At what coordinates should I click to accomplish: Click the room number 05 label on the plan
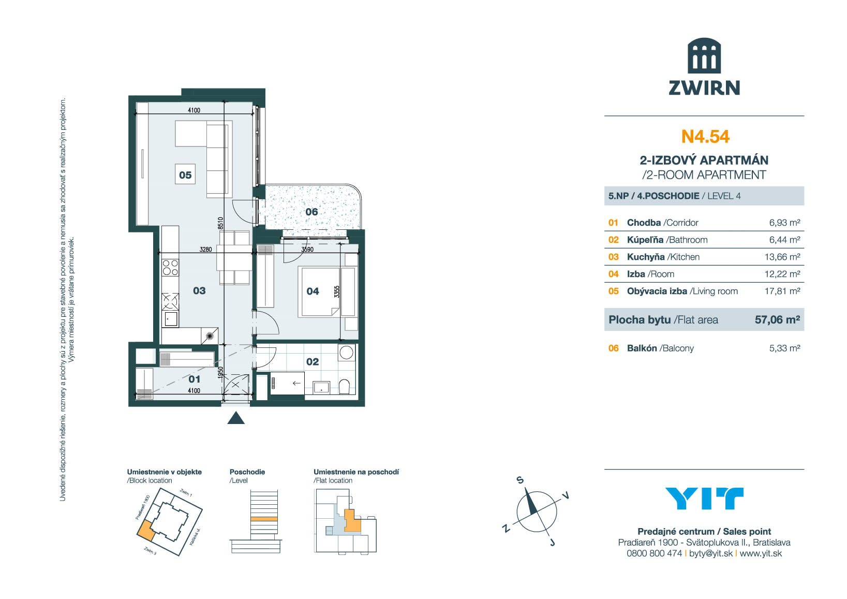[185, 175]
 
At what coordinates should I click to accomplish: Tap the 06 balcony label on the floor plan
[311, 212]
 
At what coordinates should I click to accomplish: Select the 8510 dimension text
[220, 223]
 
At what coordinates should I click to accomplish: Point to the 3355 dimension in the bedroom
[337, 291]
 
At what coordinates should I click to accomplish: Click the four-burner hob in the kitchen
[170, 268]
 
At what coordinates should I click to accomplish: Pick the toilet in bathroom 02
[344, 387]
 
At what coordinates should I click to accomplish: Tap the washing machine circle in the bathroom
[346, 353]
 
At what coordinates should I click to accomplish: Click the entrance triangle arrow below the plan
[236, 418]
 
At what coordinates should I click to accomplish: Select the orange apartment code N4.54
[705, 137]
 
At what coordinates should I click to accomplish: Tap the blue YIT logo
[704, 499]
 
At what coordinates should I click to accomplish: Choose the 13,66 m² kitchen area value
[782, 257]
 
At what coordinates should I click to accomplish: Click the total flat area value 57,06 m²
[778, 320]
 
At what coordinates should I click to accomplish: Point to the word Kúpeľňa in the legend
[645, 240]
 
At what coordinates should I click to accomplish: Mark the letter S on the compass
[521, 480]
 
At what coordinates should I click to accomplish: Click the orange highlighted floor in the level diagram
[264, 519]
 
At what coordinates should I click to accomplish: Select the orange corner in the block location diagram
[146, 529]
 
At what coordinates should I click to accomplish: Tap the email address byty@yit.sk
[711, 553]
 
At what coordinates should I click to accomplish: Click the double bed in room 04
[320, 292]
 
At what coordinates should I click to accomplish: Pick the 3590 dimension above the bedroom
[307, 250]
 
